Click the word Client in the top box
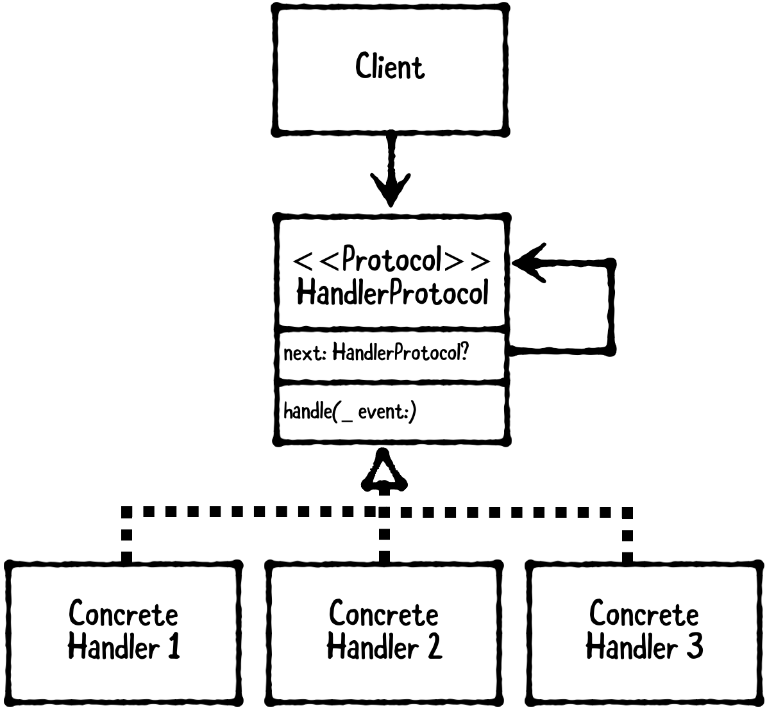tap(390, 67)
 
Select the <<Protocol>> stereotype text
tap(392, 261)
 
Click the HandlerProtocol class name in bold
tap(392, 294)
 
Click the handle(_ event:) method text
tap(350, 411)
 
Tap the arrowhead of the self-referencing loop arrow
tap(529, 262)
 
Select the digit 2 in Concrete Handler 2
tap(434, 647)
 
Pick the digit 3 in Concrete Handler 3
tap(693, 647)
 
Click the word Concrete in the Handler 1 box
tap(123, 614)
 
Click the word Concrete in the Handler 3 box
tap(643, 614)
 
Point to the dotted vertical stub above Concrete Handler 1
tap(127, 538)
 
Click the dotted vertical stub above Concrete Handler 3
tap(627, 538)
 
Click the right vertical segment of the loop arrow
tap(611, 306)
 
